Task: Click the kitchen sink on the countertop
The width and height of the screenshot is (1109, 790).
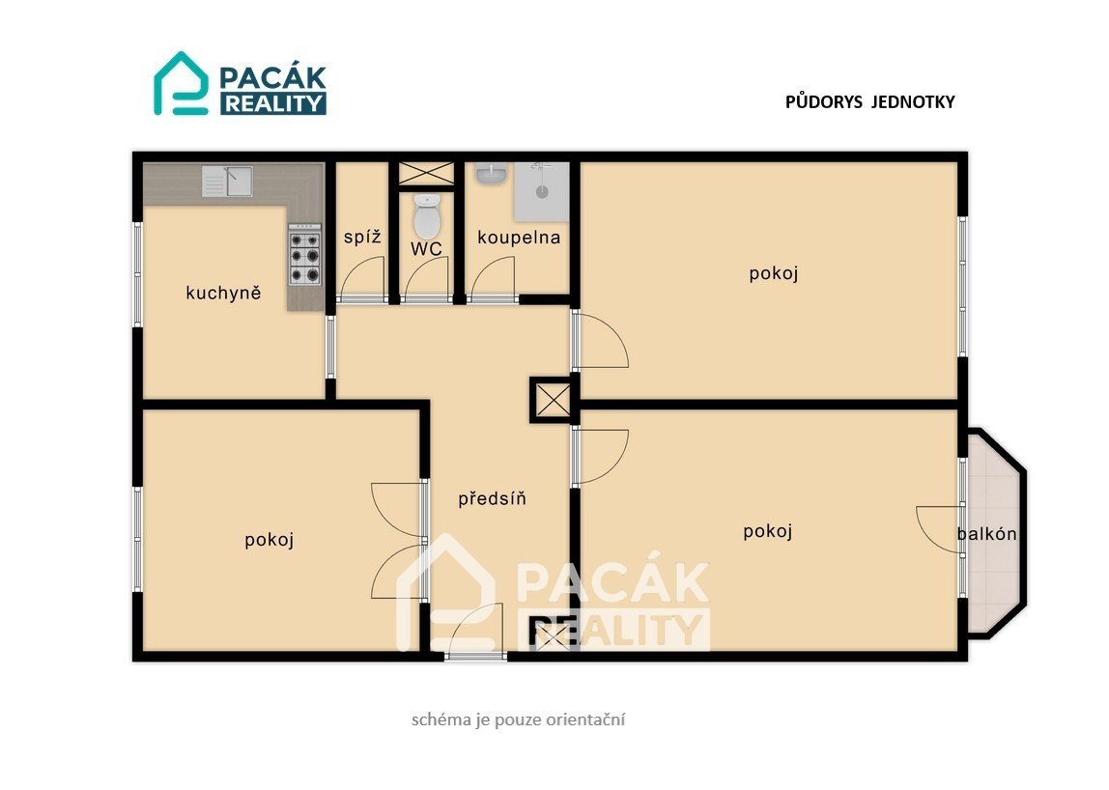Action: [227, 181]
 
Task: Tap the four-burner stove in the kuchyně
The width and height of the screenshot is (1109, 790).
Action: [305, 255]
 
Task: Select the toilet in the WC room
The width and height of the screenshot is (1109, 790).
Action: [426, 215]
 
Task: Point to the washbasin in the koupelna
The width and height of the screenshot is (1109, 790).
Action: [490, 173]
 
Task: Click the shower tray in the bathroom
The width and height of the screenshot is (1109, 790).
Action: [541, 191]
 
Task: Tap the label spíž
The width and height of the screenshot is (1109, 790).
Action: [363, 237]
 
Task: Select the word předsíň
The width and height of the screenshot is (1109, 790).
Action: [493, 498]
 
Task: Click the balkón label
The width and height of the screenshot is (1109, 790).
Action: [987, 534]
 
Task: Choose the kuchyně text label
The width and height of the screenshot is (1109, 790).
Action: [223, 292]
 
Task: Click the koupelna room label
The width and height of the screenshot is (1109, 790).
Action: [519, 238]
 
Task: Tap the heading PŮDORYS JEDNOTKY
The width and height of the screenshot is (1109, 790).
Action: [870, 101]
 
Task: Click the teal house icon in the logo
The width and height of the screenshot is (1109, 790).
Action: [181, 83]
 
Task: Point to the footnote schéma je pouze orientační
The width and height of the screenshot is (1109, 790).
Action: [519, 720]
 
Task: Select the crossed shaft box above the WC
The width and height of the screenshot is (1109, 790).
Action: [426, 173]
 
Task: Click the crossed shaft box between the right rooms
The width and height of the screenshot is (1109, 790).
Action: [554, 400]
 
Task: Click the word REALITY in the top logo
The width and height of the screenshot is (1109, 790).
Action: [273, 103]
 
